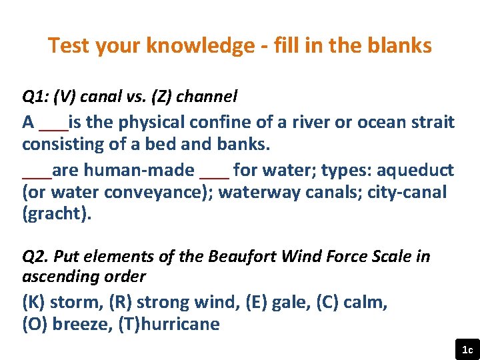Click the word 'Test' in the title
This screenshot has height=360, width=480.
coord(69,46)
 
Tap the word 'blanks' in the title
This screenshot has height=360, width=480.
coord(399,46)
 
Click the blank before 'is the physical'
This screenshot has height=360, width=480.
coord(53,127)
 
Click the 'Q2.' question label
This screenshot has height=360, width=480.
coord(35,257)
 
